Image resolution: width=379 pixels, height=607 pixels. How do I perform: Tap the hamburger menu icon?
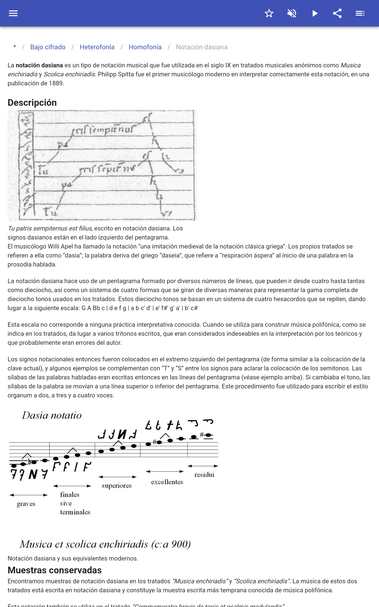click(x=13, y=13)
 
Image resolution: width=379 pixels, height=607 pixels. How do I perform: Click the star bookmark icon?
click(x=269, y=13)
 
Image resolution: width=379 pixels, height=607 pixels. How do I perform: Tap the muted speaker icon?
click(x=292, y=13)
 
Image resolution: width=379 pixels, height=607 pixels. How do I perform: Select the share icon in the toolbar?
click(x=337, y=13)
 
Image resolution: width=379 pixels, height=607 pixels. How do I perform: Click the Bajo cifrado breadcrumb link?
click(x=48, y=47)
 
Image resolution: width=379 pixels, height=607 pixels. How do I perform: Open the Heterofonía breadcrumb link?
click(x=97, y=47)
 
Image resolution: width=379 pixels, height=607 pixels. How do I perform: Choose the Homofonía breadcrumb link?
click(x=145, y=47)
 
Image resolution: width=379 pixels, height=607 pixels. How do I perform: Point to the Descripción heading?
click(x=32, y=103)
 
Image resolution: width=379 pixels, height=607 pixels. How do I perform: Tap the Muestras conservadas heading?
click(x=55, y=570)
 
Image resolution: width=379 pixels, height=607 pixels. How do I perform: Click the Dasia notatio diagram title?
click(x=52, y=416)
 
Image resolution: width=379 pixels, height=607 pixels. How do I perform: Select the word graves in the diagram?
click(x=26, y=504)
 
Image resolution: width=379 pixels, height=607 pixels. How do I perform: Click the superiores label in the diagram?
click(x=117, y=486)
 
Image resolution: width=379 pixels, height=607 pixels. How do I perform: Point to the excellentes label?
click(x=167, y=482)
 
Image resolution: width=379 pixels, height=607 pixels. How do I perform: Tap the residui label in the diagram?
click(x=204, y=474)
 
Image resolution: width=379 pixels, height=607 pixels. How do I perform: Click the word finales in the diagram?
click(x=70, y=495)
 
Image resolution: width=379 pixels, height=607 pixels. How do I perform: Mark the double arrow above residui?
click(x=203, y=466)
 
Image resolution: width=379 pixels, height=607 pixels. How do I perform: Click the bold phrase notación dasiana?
click(x=39, y=65)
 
